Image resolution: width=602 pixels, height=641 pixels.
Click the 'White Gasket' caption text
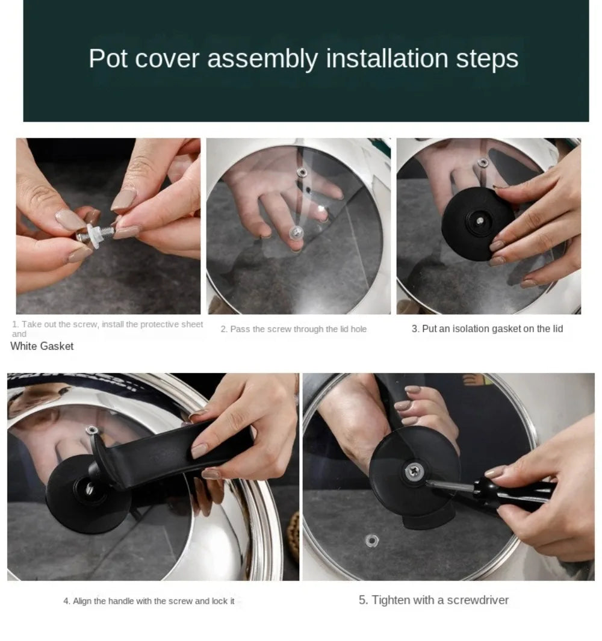42,346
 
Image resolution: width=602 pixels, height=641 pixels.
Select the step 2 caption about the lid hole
293,329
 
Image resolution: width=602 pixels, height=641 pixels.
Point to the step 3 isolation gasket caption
487,329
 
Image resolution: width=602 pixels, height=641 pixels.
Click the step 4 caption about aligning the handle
149,601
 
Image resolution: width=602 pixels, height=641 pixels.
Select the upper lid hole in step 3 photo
482,162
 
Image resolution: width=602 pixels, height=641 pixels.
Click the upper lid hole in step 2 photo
302,172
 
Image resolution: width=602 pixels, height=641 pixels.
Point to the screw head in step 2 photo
296,231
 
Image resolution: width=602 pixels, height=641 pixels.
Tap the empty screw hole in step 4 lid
92,429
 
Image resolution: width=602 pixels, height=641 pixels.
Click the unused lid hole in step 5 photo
371,540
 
